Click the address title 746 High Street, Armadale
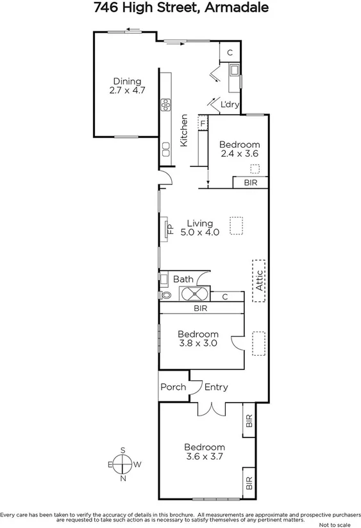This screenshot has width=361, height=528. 181,8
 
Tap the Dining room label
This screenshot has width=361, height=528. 127,81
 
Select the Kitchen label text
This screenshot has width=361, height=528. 184,130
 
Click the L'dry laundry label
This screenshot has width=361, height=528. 230,104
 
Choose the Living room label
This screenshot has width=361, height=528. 199,224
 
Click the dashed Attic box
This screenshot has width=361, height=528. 258,280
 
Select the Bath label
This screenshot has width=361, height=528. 183,279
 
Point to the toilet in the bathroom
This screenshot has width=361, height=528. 166,295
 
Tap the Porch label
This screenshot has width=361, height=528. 173,387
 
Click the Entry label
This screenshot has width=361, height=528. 216,387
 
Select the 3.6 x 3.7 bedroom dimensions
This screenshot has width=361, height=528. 205,457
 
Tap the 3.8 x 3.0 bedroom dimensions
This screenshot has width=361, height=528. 198,343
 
